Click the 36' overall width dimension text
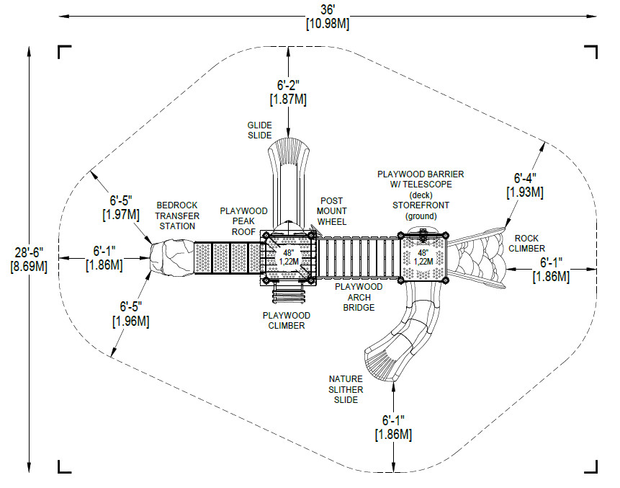click(328, 9)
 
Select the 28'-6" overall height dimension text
click(30, 252)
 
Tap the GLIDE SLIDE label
click(260, 130)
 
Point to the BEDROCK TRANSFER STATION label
click(177, 216)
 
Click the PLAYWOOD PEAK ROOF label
click(243, 221)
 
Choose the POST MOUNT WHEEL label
click(332, 211)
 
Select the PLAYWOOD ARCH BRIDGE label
click(359, 297)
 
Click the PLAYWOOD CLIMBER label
click(287, 321)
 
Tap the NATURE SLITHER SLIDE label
click(346, 389)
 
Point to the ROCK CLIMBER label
click(526, 244)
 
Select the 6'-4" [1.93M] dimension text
click(525, 185)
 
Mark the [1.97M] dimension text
click(121, 215)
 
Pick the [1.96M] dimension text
click(131, 321)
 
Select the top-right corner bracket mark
click(591, 52)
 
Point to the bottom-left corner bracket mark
click(65, 466)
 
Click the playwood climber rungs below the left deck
click(289, 295)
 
